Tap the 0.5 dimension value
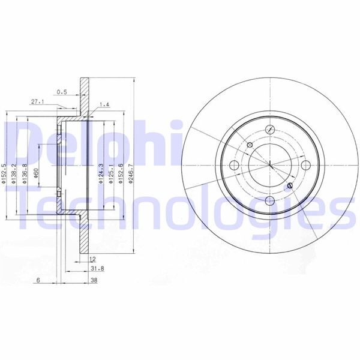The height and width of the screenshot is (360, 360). coord(61,92)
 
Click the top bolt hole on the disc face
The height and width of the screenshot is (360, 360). coord(269,128)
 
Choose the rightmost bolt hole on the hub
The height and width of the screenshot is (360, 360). coord(306,165)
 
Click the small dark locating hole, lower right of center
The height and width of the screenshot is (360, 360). coord(290,186)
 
